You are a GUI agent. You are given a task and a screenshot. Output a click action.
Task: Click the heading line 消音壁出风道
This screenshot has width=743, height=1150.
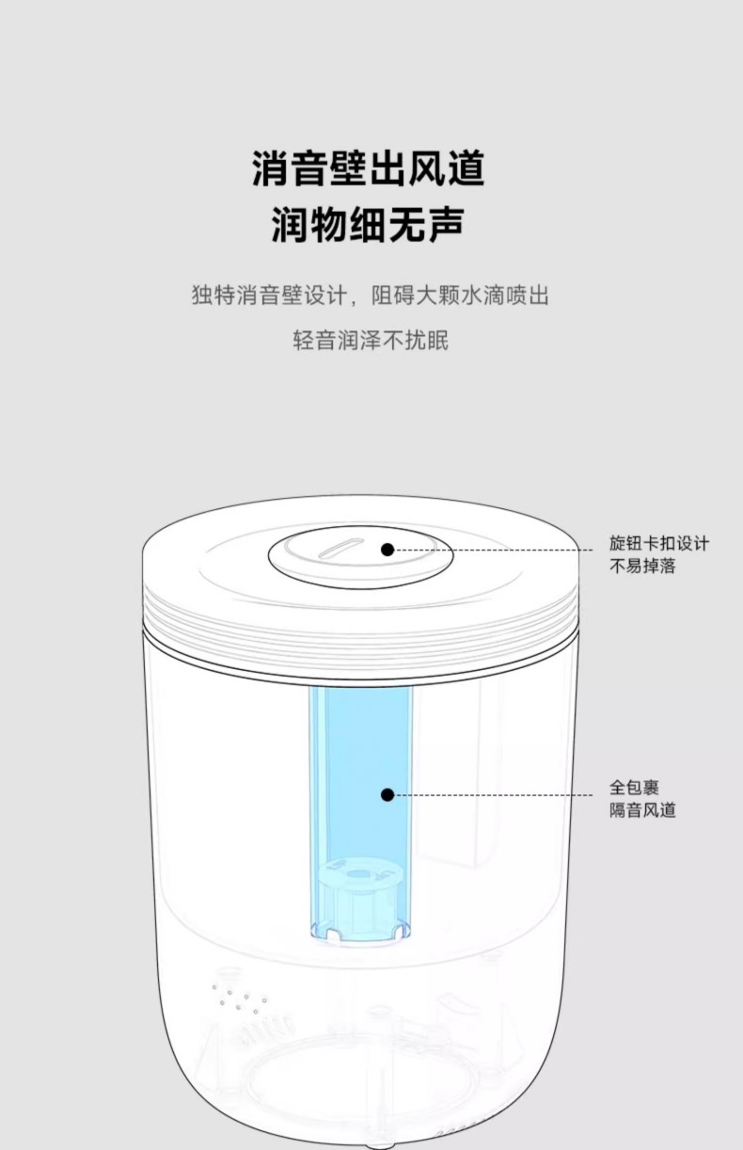coord(369,168)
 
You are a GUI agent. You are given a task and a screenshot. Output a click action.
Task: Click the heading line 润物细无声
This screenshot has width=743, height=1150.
coord(369,224)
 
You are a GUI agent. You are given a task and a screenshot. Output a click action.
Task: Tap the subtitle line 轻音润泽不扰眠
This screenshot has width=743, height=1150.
coord(371,340)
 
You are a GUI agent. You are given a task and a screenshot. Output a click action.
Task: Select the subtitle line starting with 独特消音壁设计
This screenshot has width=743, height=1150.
coord(371,295)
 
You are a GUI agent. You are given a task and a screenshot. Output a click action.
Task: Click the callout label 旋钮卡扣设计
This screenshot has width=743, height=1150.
coord(659,543)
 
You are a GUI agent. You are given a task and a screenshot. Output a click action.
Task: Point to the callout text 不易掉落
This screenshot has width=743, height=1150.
coord(642,566)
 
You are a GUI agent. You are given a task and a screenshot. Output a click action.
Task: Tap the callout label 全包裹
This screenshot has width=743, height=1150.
coord(634,787)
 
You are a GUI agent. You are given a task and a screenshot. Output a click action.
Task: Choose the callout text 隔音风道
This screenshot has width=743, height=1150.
coord(642,809)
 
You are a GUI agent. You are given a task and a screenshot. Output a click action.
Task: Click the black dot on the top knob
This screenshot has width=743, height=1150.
coord(387,550)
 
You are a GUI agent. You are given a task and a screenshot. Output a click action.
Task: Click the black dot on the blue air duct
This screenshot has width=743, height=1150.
coord(387,794)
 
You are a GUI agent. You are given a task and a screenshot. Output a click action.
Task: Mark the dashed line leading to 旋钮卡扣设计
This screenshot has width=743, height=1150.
coord(494,550)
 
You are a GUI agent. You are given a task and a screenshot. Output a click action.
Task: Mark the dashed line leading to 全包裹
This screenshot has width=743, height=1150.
coord(494,794)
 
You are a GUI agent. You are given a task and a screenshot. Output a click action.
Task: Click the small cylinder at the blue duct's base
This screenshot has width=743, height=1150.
coord(359,902)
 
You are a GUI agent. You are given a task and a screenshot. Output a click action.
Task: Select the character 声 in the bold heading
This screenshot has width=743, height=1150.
coord(447,224)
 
